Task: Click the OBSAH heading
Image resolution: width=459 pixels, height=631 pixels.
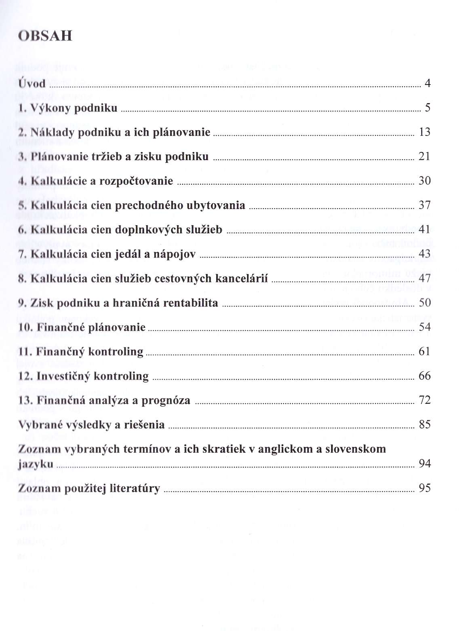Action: point(45,36)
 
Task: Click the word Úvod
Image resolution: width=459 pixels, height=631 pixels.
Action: point(32,84)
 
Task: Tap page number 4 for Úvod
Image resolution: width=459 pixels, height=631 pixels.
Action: point(427,84)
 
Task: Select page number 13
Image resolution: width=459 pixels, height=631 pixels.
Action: point(425,132)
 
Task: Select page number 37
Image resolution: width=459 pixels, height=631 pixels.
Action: point(425,205)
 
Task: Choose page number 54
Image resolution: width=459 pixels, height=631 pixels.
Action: point(425,327)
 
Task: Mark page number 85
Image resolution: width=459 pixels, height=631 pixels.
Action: point(425,424)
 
